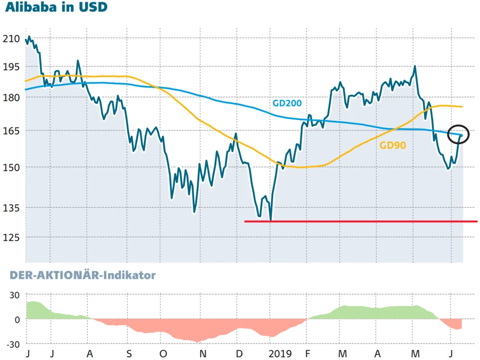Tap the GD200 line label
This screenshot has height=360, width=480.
[287, 102]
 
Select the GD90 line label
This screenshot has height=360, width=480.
[393, 145]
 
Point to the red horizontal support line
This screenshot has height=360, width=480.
[360, 221]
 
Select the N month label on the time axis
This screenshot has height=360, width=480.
[203, 354]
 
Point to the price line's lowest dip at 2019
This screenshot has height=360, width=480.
[271, 220]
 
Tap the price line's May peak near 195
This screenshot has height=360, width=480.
[415, 67]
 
